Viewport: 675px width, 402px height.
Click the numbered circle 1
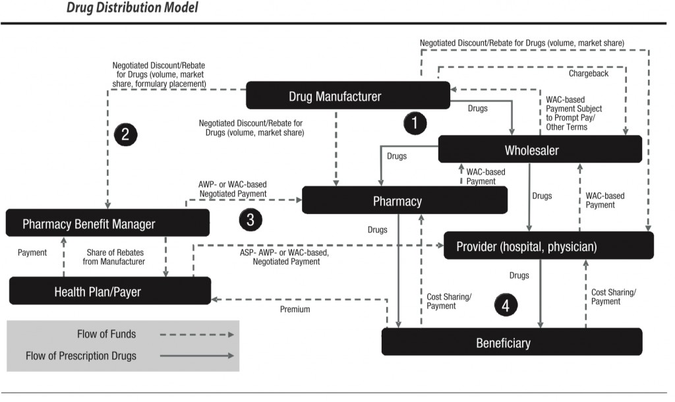(x=415, y=123)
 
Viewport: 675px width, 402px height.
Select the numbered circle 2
(x=125, y=134)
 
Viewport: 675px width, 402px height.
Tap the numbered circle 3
(x=250, y=219)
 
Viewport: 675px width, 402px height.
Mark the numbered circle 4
(x=506, y=305)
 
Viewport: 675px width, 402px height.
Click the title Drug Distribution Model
(x=132, y=9)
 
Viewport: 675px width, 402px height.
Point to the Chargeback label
(x=589, y=73)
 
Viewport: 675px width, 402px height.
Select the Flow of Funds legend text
(x=106, y=334)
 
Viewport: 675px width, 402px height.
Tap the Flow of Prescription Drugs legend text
(x=81, y=356)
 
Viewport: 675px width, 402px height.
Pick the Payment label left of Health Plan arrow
(x=32, y=252)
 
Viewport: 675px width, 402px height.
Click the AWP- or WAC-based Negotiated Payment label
(x=233, y=189)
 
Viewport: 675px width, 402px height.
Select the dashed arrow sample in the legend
(x=196, y=334)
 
